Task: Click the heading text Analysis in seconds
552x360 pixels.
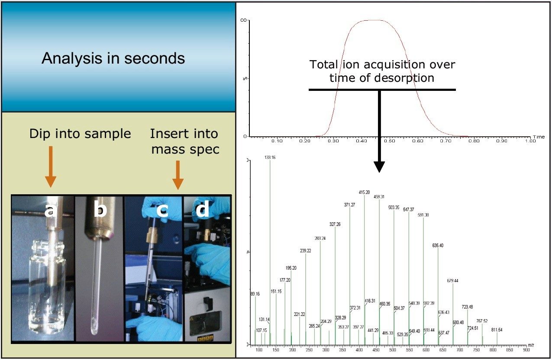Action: (113, 58)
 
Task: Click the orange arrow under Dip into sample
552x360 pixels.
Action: (51, 167)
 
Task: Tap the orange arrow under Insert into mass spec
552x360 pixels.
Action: (178, 175)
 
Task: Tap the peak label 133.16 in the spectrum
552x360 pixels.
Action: (270, 157)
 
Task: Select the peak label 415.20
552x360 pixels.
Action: (364, 192)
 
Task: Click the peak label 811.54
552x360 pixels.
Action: (497, 330)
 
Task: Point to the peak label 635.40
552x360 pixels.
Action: (438, 245)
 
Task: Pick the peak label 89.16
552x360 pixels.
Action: (255, 294)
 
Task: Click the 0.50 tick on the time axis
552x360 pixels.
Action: (389, 141)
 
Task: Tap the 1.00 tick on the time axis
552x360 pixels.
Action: (530, 141)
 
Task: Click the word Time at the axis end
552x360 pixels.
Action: (539, 137)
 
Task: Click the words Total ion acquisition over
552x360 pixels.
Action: (382, 65)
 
